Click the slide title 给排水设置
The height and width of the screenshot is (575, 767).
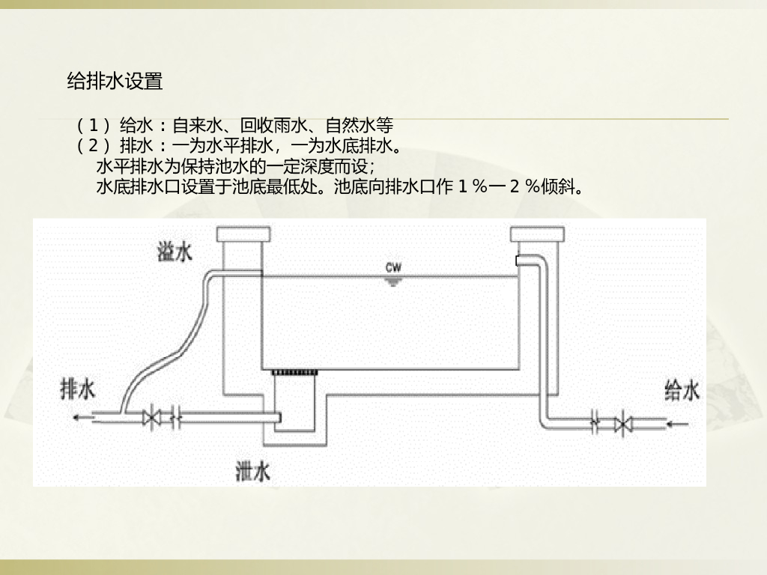point(115,82)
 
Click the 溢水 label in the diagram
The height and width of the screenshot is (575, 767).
point(175,252)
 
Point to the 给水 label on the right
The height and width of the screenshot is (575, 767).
point(682,390)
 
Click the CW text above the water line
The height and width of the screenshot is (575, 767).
point(393,267)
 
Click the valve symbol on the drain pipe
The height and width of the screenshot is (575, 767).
point(154,417)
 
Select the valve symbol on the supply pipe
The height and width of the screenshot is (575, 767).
point(621,424)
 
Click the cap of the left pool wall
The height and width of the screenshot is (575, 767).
point(242,234)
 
